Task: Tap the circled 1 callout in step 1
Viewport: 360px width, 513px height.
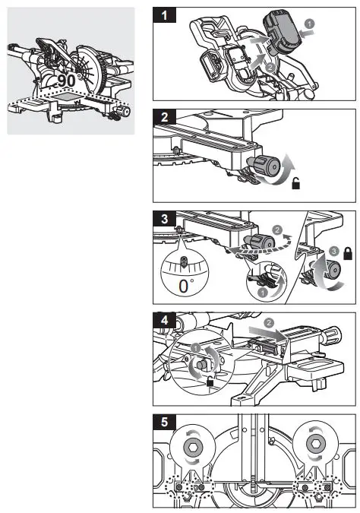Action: (x=309, y=24)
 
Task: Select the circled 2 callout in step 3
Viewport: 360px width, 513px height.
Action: (x=278, y=227)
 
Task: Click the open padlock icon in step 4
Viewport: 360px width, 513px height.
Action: (x=209, y=382)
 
